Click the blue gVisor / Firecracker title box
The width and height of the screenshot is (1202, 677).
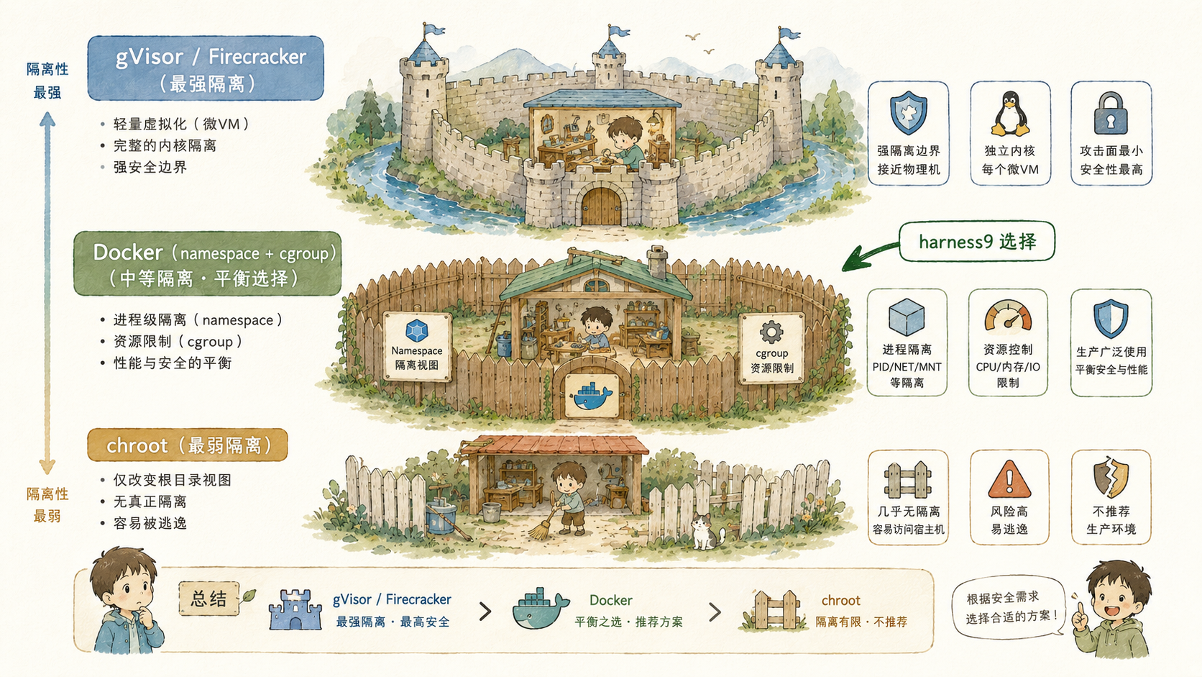206,68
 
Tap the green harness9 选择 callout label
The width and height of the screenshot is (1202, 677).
976,242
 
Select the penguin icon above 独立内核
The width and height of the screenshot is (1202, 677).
1010,113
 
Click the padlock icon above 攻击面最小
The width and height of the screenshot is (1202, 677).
1110,113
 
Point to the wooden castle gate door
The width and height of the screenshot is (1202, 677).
602,206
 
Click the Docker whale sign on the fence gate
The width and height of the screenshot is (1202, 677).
592,396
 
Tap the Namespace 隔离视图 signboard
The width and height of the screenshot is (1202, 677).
417,347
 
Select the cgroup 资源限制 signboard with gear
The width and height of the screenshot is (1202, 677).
771,348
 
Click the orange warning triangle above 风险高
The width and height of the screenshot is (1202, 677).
1009,479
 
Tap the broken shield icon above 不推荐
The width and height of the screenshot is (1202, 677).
1111,478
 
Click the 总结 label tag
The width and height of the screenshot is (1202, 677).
208,598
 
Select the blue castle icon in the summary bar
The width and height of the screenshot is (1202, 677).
295,609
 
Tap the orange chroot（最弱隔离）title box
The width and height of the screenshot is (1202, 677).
188,445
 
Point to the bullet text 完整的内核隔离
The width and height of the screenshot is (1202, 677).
165,145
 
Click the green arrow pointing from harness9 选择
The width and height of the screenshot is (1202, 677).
869,257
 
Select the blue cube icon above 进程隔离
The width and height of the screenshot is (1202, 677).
907,317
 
